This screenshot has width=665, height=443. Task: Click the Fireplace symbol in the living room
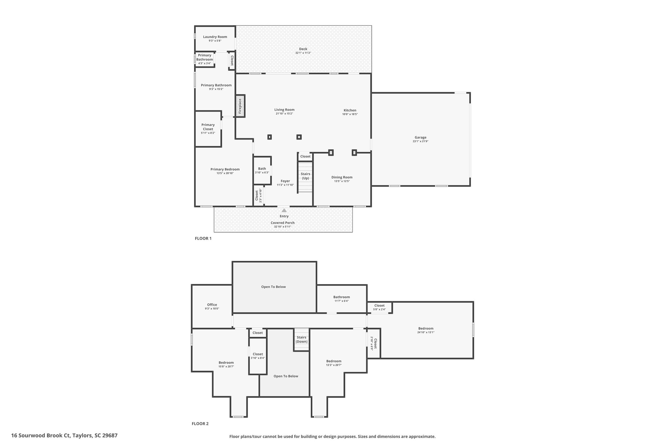[240, 106]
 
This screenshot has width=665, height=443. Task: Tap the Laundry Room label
[215, 37]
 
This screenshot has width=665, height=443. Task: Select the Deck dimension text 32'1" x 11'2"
[303, 53]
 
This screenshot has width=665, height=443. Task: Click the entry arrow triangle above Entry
[284, 210]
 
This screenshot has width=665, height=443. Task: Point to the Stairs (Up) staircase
[305, 177]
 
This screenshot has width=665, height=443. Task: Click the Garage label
[420, 137]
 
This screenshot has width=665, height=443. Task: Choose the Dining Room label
[342, 177]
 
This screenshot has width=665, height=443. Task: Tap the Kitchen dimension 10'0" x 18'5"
[350, 114]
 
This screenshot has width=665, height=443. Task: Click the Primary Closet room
[208, 129]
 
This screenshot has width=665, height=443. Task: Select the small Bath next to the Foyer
[262, 170]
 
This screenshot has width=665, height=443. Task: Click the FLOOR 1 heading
[203, 238]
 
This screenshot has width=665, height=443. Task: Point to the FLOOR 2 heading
[200, 424]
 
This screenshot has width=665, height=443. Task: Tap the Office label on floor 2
[212, 305]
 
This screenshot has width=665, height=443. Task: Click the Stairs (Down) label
[301, 339]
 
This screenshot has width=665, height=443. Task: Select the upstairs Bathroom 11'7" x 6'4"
[341, 299]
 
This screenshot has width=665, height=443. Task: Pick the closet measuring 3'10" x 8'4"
[257, 356]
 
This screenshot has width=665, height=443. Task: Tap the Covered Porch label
[282, 223]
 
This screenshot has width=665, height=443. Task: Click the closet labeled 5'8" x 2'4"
[379, 307]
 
